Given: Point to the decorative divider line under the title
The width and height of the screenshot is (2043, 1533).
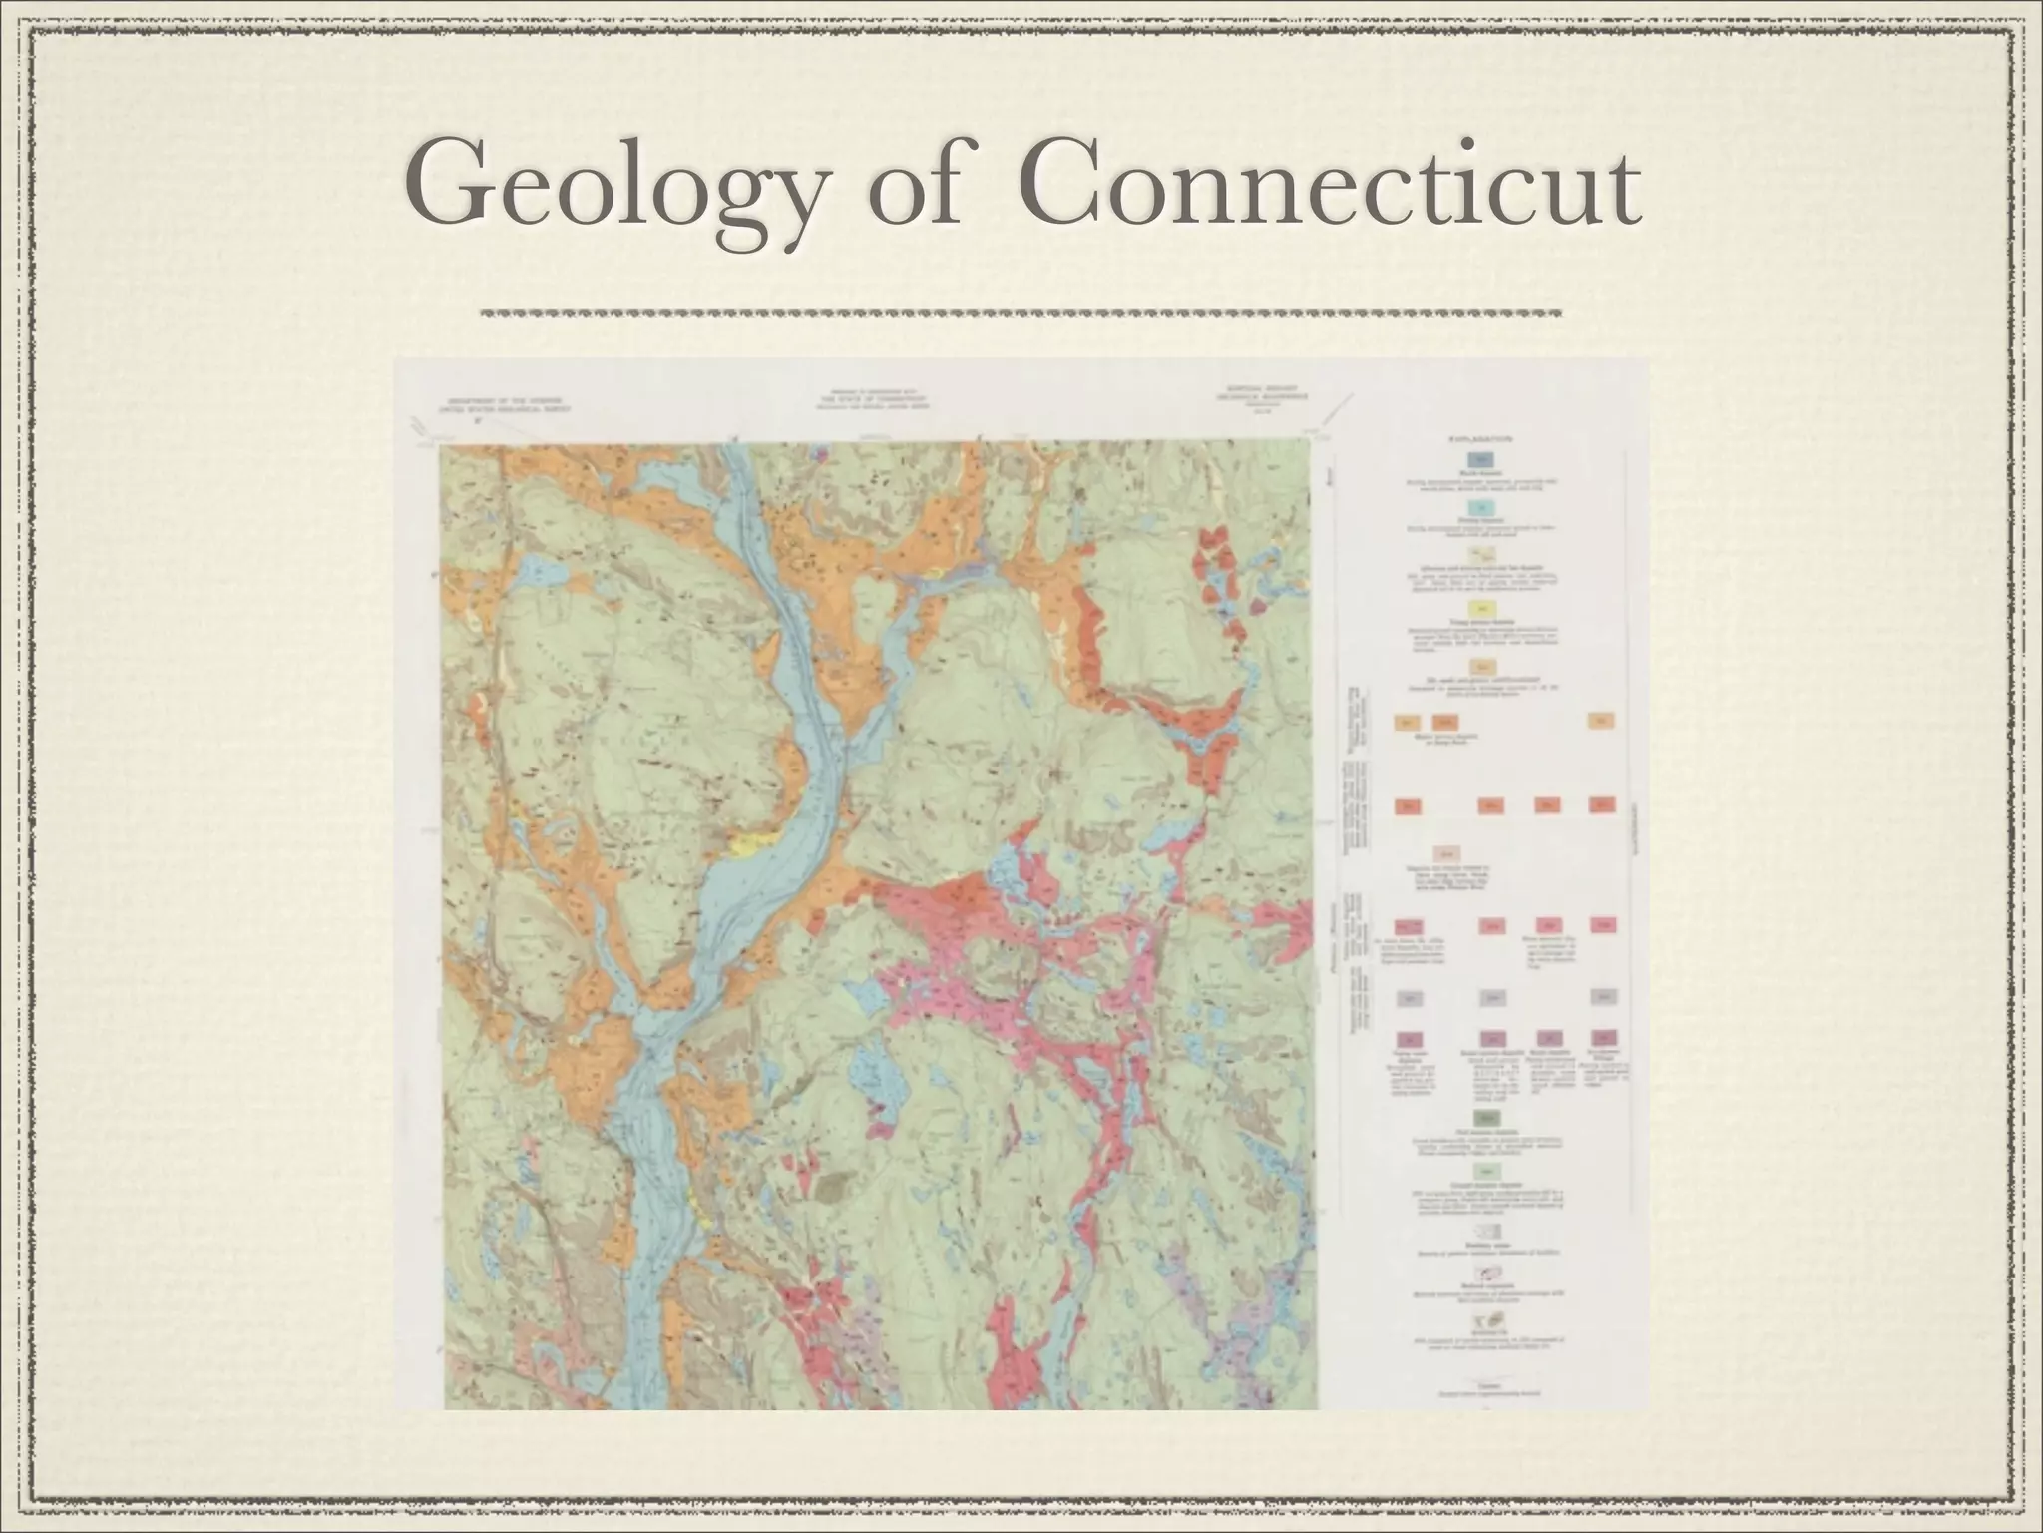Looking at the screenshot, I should click(x=1021, y=313).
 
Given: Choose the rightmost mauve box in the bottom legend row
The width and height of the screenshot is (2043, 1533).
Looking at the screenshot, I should click(x=1603, y=1038).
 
